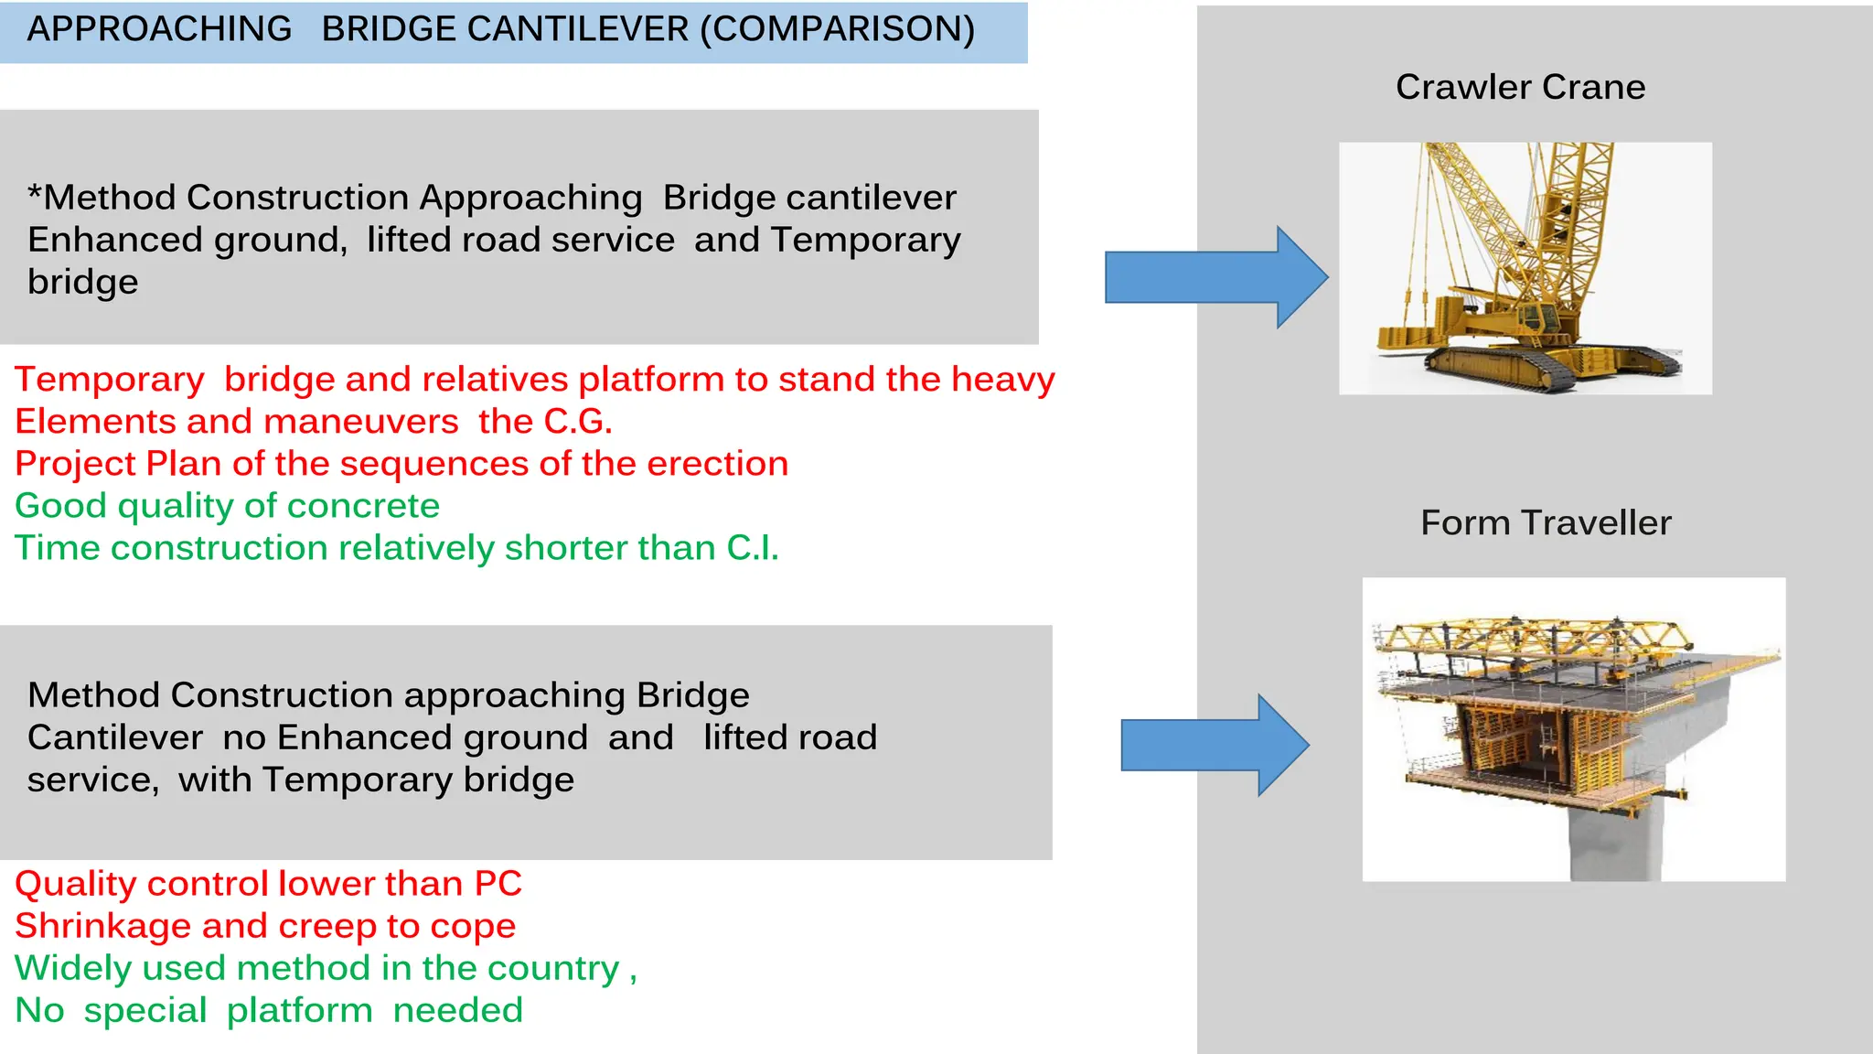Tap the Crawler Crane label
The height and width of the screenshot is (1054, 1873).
click(1520, 87)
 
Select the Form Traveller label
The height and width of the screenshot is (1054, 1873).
click(1546, 522)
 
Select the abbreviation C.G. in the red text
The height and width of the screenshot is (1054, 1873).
click(578, 422)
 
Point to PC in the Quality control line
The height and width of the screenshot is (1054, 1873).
click(498, 884)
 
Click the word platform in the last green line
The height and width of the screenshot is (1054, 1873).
click(299, 1010)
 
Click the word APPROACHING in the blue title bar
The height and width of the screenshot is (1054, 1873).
click(159, 29)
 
